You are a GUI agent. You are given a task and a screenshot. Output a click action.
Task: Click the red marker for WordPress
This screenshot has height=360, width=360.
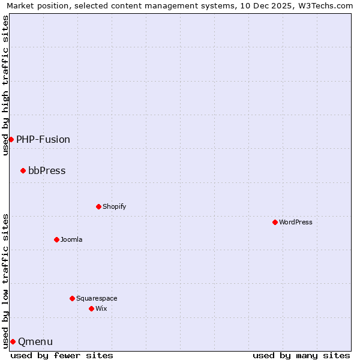tap(275, 222)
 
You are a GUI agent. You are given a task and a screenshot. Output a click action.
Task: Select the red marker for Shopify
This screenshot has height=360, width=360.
tap(98, 206)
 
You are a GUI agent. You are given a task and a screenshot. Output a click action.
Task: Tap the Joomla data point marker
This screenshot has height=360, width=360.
tap(56, 239)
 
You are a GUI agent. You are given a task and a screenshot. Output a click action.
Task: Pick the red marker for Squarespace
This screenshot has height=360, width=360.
tap(72, 298)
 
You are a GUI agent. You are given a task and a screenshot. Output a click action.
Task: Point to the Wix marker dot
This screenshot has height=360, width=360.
tap(91, 308)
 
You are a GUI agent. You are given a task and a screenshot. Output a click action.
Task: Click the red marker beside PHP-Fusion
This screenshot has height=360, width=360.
tap(11, 139)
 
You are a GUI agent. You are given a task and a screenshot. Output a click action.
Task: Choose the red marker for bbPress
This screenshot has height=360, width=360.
tap(23, 170)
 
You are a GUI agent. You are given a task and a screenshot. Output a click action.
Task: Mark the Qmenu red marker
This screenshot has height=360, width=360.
tap(13, 341)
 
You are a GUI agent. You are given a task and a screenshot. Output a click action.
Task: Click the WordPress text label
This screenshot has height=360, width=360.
tap(296, 222)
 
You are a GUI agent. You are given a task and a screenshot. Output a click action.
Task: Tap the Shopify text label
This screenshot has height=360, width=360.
tap(115, 206)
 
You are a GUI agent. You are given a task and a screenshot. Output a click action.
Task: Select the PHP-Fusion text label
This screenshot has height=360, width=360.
tap(43, 139)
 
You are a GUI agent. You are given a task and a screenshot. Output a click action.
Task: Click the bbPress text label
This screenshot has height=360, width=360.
tap(47, 170)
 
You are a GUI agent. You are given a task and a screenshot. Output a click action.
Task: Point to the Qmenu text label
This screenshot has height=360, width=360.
tap(35, 341)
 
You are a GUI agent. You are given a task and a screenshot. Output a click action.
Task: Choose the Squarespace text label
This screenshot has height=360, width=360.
tap(97, 298)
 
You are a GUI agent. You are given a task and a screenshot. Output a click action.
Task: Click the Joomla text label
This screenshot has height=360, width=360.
tap(71, 239)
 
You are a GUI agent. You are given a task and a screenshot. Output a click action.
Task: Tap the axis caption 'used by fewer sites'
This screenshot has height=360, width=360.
tap(62, 355)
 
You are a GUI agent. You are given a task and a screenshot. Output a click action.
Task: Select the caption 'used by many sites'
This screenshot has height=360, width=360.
tap(301, 355)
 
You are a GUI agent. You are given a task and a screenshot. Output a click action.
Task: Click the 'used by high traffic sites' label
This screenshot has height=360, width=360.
tap(5, 85)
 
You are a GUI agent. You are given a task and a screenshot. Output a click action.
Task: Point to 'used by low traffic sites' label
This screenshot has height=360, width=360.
tap(5, 280)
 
